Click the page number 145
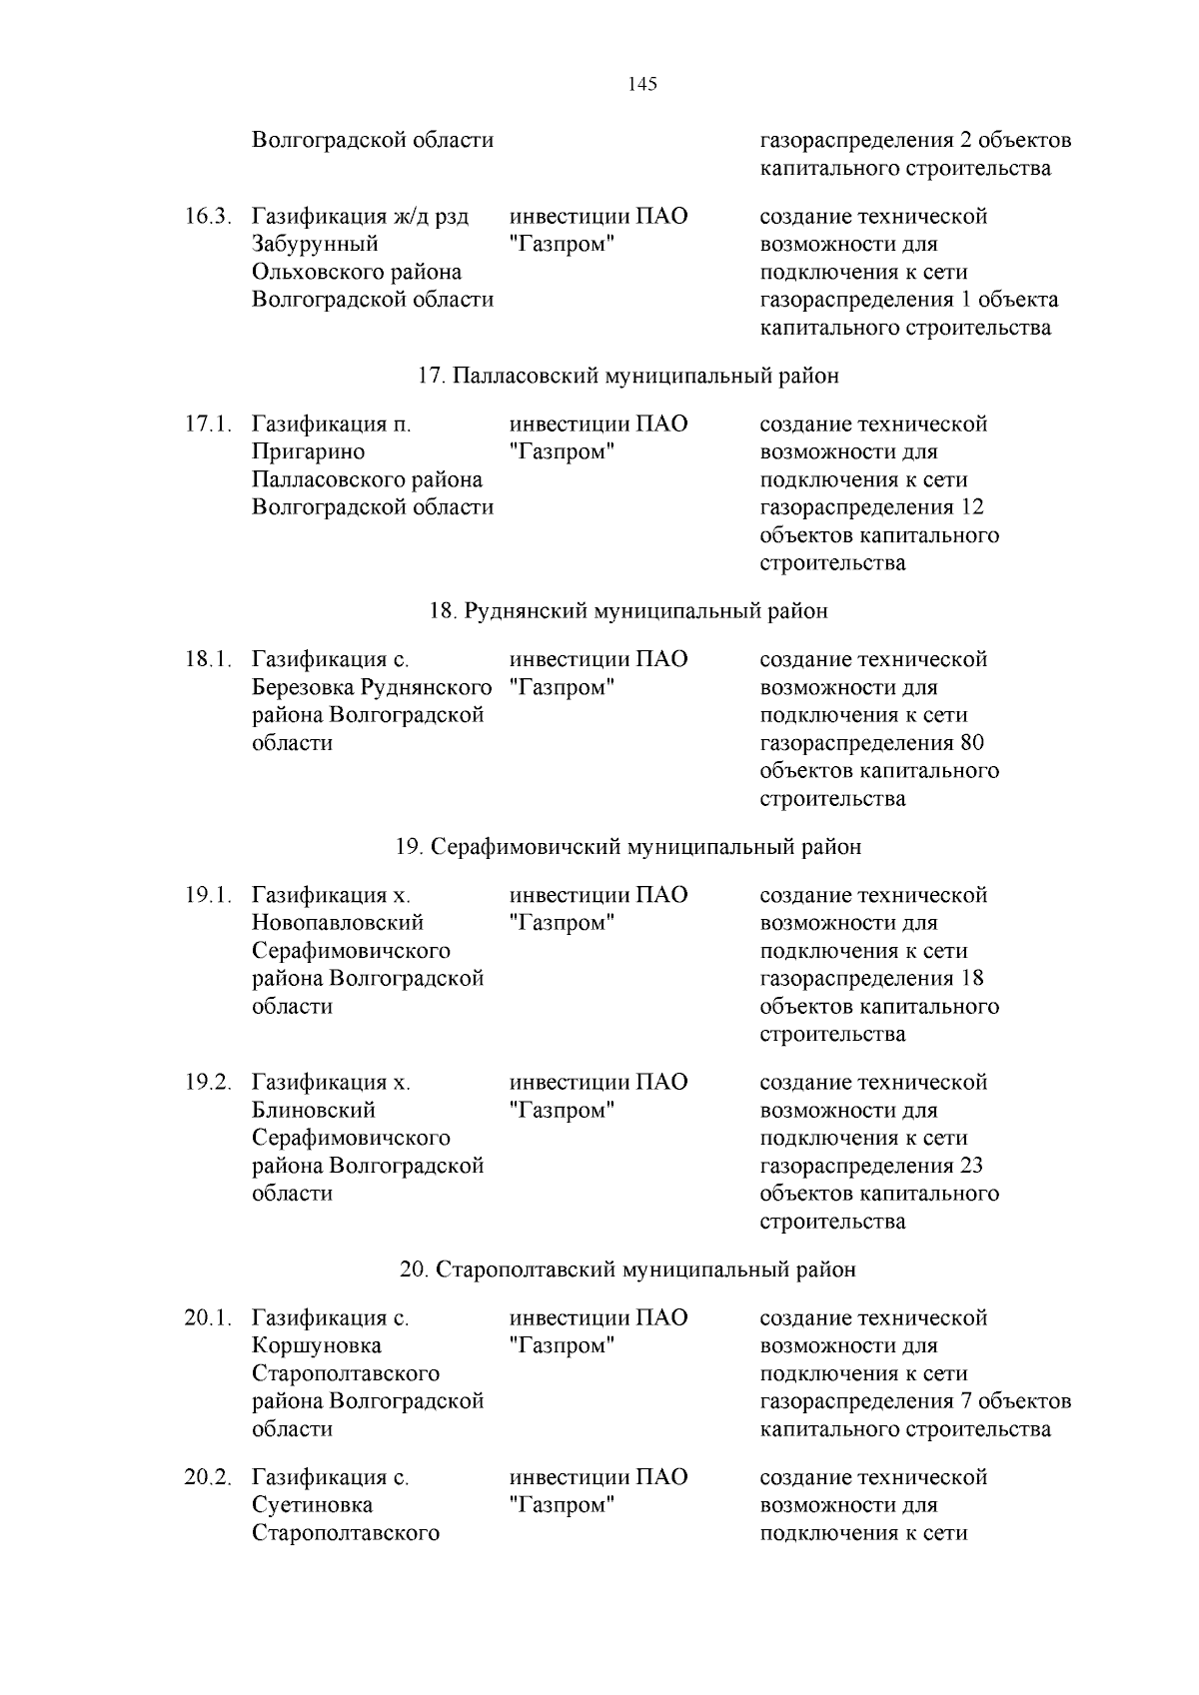(642, 85)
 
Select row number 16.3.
(208, 217)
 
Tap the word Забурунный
(315, 245)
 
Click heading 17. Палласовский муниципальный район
(627, 377)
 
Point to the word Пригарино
(308, 452)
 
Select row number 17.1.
(208, 424)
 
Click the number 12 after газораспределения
(971, 507)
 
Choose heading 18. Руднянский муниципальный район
(627, 611)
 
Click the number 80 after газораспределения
(971, 743)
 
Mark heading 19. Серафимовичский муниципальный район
(627, 847)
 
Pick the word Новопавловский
(337, 923)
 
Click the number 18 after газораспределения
(971, 979)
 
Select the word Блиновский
(313, 1111)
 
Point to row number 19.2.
(208, 1083)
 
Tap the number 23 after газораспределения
(971, 1167)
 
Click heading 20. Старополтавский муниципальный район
(627, 1271)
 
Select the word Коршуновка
(316, 1346)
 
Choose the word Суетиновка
(312, 1505)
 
